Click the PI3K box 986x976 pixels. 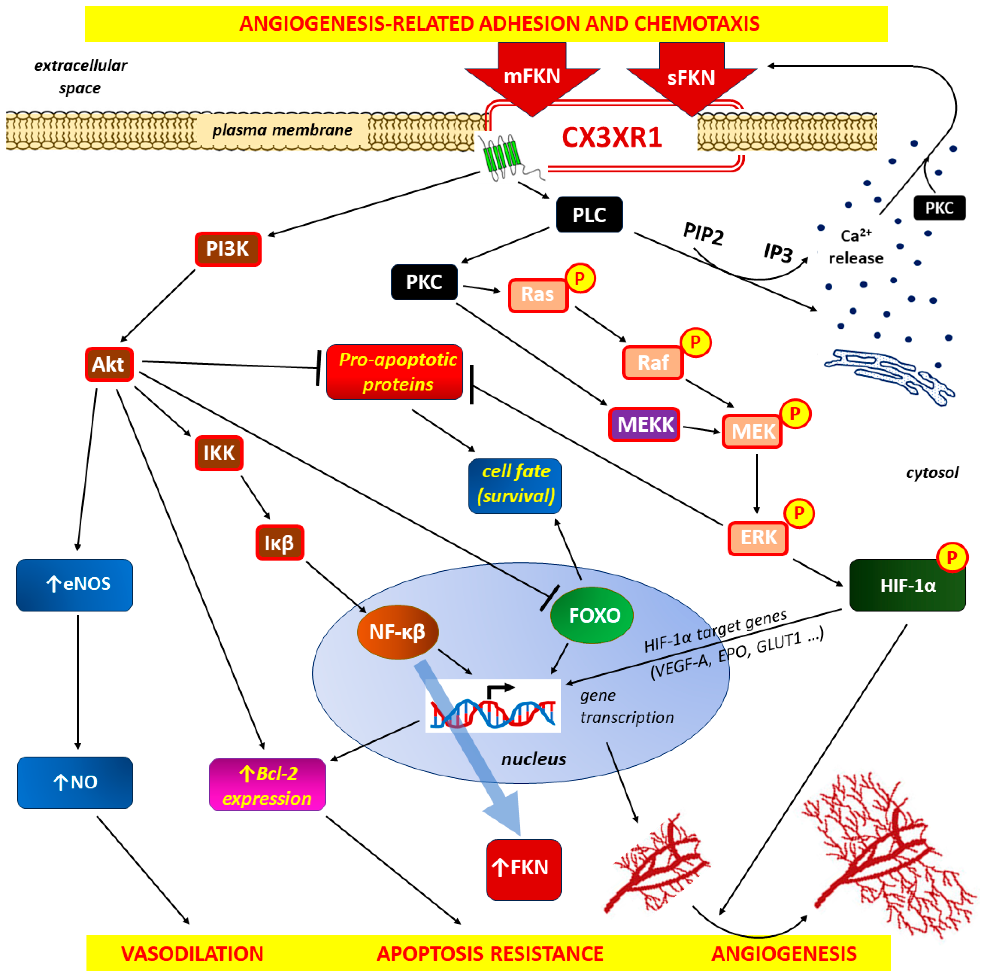228,249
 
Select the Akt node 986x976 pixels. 109,364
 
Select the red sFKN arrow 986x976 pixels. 691,78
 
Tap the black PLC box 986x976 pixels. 589,215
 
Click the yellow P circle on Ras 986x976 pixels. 580,278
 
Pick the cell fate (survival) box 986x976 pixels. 515,484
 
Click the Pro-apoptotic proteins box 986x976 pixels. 394,372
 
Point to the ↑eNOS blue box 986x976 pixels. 74,584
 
